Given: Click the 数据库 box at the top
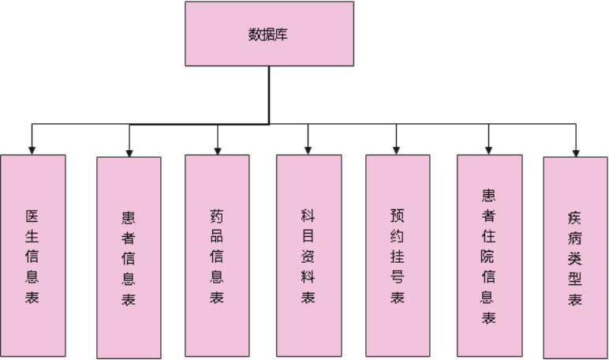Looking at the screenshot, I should (x=268, y=34).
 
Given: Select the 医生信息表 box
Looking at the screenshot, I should (x=32, y=256).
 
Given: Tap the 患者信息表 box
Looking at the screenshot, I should (x=129, y=257).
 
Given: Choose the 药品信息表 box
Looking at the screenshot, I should (x=217, y=256).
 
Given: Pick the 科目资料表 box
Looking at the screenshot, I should (x=308, y=256).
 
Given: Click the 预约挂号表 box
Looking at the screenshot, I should (x=398, y=256).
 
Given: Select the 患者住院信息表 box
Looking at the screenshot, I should (x=489, y=256).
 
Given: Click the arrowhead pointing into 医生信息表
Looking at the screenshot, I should (x=32, y=149).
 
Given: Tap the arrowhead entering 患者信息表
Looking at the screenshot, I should (x=129, y=151).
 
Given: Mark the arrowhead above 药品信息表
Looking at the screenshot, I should (x=217, y=149).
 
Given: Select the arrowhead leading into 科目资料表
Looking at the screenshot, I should (x=308, y=149).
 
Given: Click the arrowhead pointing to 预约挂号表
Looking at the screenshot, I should (x=398, y=149).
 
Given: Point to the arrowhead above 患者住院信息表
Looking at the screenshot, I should (x=489, y=149).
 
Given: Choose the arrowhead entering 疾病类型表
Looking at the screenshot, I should (x=576, y=151).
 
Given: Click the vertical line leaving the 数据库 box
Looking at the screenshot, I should (x=269, y=95).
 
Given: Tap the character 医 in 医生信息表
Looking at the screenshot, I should (x=32, y=214).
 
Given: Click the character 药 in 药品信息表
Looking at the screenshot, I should (x=217, y=214).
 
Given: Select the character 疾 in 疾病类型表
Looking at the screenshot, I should (x=576, y=216).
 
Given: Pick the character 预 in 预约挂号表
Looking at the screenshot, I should (x=398, y=214).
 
